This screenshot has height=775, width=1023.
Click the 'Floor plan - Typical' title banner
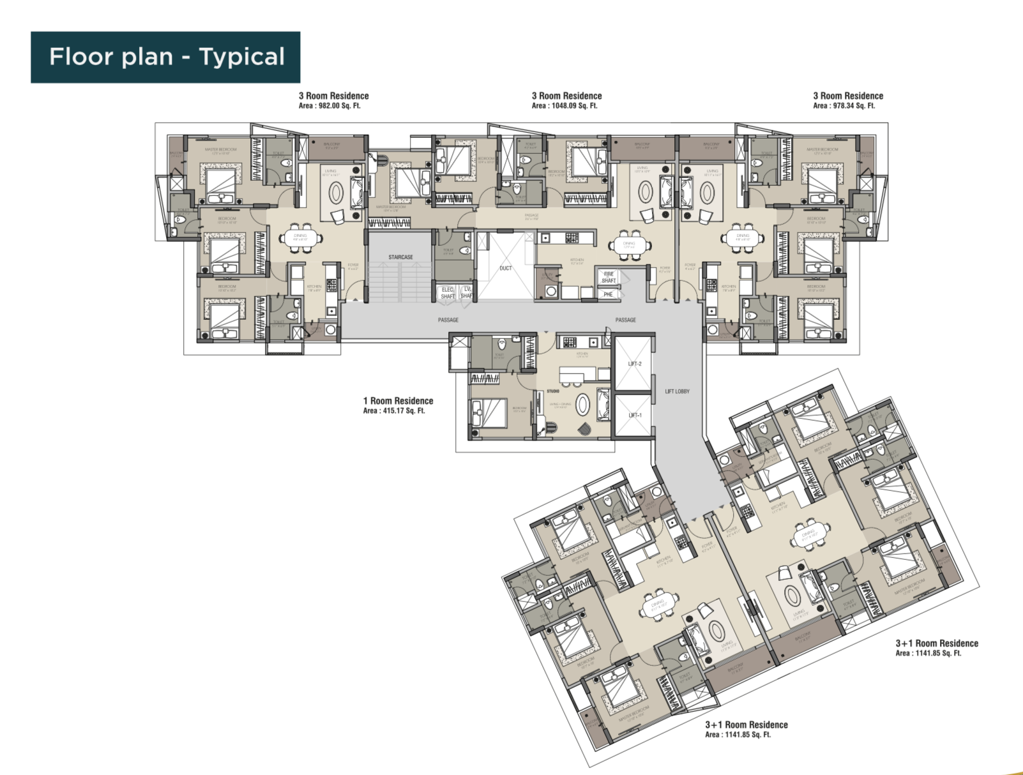165,57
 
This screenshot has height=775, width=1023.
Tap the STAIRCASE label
400,257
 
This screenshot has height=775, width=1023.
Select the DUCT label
505,268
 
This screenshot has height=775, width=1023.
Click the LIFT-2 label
634,364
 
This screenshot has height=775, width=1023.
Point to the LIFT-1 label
634,415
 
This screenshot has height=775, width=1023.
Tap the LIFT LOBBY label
677,391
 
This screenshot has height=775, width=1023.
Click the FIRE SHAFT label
609,277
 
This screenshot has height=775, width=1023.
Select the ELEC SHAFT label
448,292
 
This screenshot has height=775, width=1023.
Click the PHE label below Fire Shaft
608,294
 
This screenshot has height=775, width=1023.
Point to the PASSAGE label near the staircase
448,320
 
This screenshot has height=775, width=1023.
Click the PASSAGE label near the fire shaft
625,320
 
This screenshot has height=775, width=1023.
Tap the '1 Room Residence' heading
398,401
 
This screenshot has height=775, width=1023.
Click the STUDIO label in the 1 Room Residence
552,391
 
